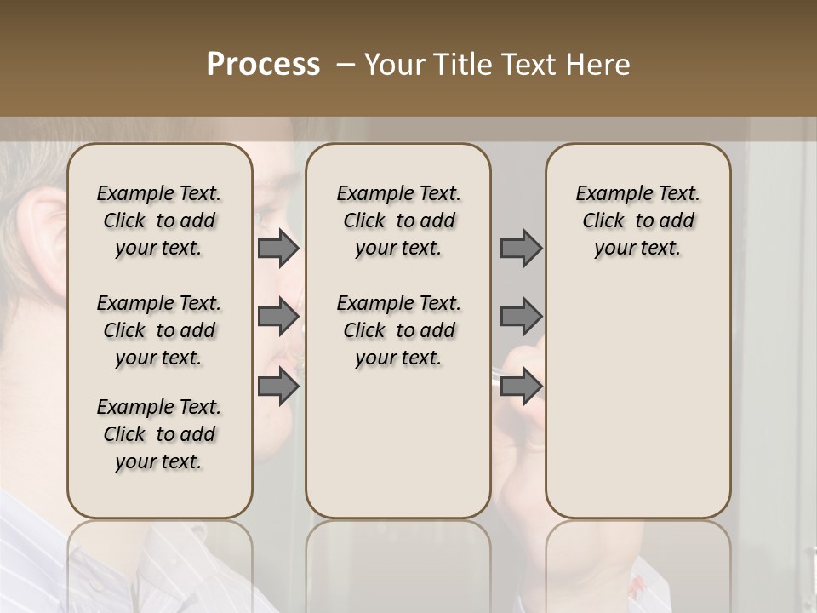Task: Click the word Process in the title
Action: coord(263,65)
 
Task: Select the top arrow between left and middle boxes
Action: coord(277,248)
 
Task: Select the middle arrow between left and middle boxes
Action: coord(277,317)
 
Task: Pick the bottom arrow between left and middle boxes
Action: coord(277,387)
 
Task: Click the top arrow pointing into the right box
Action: coord(521,248)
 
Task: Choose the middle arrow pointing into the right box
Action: coord(521,317)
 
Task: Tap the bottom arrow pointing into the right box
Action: coord(521,387)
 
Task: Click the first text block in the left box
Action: coord(159,221)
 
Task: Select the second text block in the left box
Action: coord(159,330)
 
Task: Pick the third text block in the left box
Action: coord(159,434)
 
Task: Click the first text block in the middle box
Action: coord(399,221)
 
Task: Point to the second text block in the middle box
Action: coord(399,330)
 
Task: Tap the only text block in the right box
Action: coord(638,221)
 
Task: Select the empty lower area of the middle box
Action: coord(398,451)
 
